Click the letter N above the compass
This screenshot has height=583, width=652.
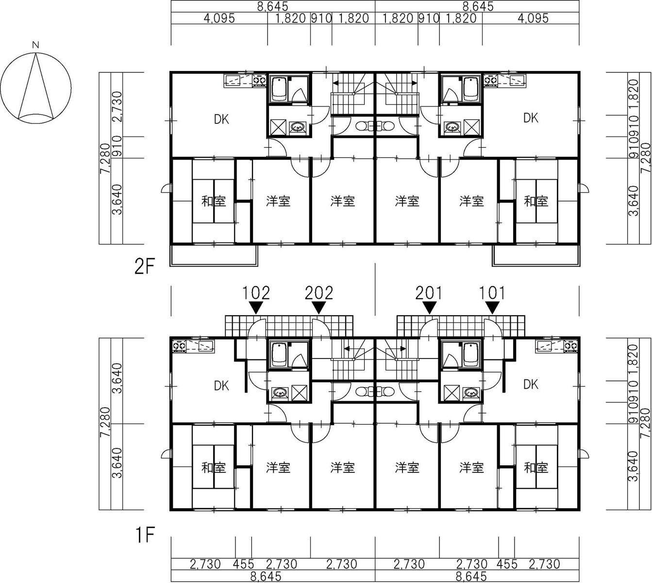36,45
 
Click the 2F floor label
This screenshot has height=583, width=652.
145,267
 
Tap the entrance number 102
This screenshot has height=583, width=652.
256,293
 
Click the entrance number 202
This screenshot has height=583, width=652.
319,293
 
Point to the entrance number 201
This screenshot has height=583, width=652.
429,293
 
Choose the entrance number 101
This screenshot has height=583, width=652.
492,293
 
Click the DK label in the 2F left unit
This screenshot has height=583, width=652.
221,120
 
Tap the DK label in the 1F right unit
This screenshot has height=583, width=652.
531,384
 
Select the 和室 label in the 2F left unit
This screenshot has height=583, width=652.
214,201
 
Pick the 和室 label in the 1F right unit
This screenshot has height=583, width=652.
536,468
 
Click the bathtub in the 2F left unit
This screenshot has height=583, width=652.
279,88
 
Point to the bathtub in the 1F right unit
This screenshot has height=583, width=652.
471,355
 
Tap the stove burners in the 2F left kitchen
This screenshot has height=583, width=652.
259,79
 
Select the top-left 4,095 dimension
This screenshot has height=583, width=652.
219,18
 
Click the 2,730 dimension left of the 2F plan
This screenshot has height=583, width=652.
117,106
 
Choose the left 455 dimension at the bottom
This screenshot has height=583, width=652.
244,565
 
